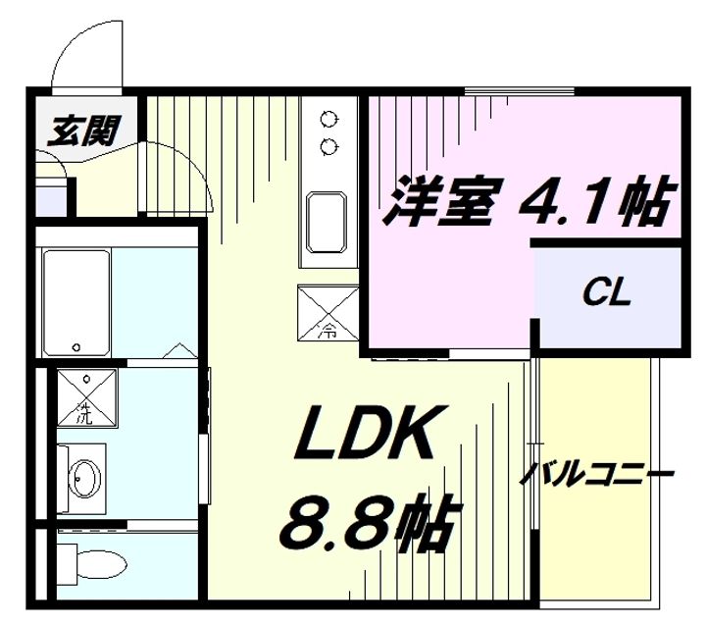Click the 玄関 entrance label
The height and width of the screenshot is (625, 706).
pos(85,129)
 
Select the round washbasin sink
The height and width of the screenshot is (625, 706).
pos(84,479)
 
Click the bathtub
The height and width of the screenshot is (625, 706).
pos(76,303)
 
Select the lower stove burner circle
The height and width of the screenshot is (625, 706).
pos(328,147)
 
